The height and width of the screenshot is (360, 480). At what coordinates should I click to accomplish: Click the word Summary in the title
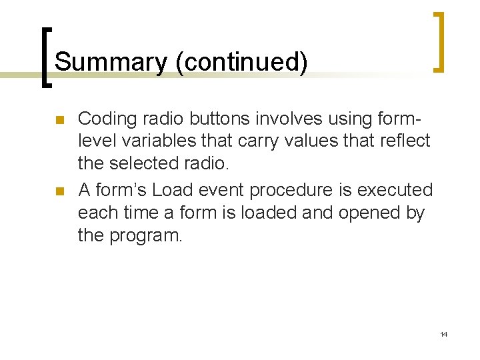click(x=111, y=63)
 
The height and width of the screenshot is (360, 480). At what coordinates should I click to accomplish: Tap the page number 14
click(x=443, y=334)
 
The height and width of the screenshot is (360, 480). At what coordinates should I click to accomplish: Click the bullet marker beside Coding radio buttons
click(x=59, y=121)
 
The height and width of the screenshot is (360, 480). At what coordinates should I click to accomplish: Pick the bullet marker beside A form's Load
click(x=59, y=192)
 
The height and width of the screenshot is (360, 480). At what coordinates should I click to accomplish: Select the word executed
click(x=395, y=191)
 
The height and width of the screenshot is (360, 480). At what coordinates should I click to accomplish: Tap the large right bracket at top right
click(x=438, y=41)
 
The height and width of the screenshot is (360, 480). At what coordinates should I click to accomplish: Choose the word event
click(x=222, y=191)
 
